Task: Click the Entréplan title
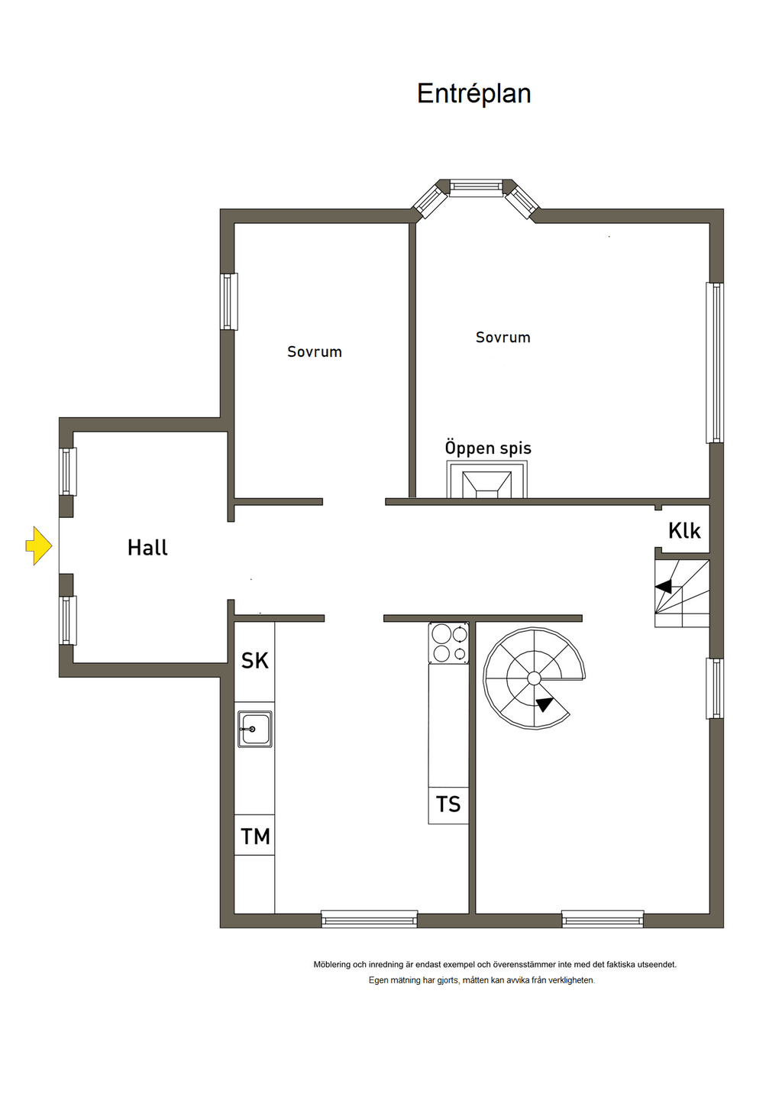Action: point(473,93)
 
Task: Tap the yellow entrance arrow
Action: point(39,545)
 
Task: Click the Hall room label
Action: point(147,548)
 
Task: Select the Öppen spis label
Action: point(488,448)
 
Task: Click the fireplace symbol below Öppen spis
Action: point(486,479)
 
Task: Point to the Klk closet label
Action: point(684,531)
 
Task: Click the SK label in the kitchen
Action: point(254,660)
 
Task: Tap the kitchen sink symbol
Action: point(255,729)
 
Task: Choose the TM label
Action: point(255,837)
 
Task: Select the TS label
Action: point(448,804)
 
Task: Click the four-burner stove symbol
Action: point(448,643)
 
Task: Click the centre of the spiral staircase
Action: point(534,678)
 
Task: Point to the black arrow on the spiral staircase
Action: point(544,704)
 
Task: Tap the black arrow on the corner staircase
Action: point(664,587)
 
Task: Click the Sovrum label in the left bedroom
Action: point(315,352)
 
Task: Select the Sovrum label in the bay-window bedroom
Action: point(503,338)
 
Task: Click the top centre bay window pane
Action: point(476,187)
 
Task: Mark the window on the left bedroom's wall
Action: point(229,302)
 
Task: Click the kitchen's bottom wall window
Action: point(370,919)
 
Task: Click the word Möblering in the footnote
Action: point(332,964)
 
